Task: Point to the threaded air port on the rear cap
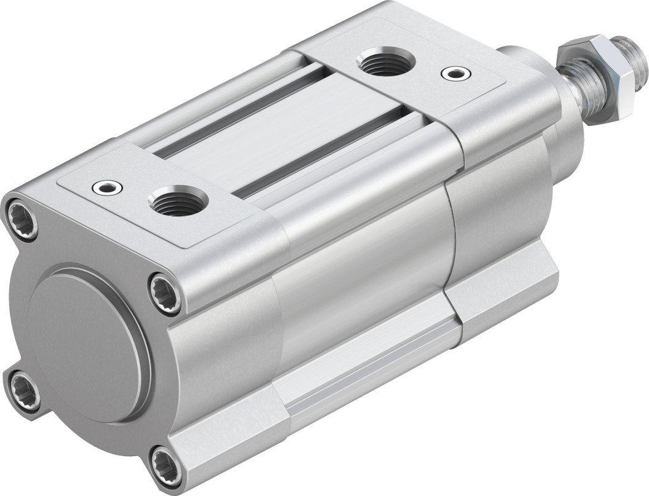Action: [x=179, y=202]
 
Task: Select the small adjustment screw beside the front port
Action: [x=454, y=74]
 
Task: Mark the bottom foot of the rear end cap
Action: [x=227, y=443]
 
